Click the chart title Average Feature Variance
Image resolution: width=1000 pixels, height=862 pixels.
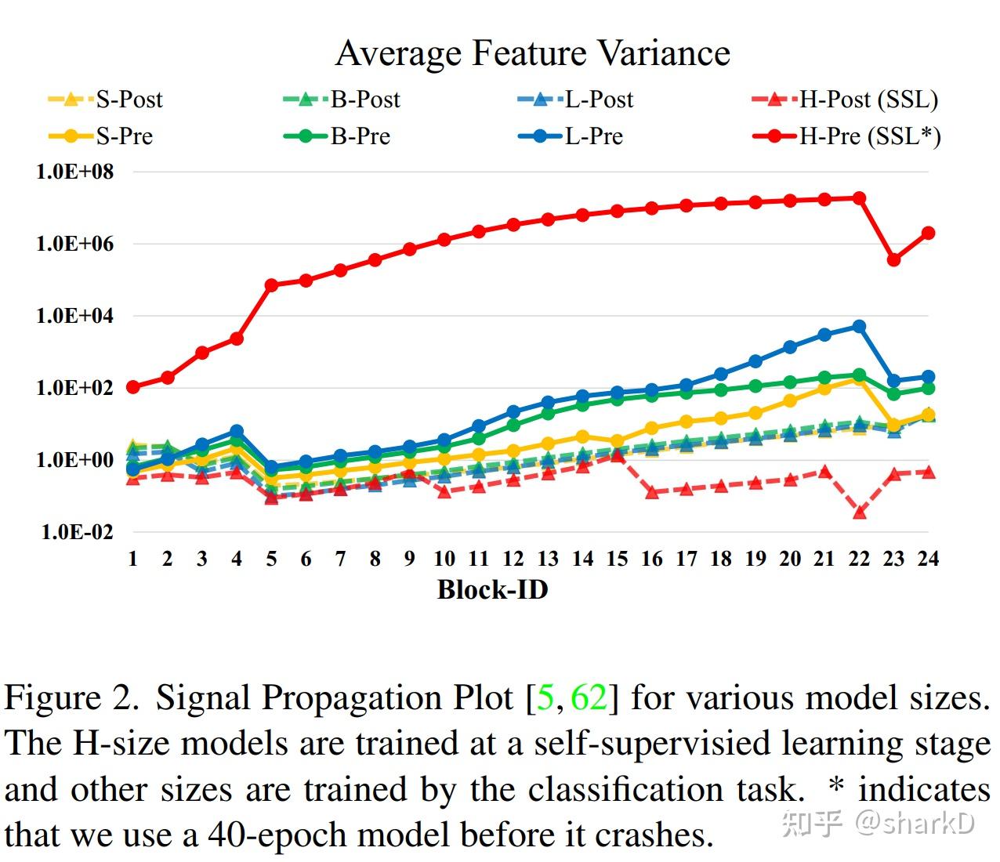click(533, 53)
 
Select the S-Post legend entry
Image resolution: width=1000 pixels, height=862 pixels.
click(106, 100)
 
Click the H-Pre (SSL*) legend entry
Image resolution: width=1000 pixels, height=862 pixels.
click(846, 136)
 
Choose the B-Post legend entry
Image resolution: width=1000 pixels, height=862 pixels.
click(342, 100)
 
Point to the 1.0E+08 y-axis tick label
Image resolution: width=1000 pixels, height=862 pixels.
click(74, 171)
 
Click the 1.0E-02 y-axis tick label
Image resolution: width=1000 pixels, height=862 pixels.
click(77, 532)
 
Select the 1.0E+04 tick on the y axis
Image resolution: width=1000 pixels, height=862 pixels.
click(74, 316)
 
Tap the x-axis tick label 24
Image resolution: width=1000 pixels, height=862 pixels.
click(928, 559)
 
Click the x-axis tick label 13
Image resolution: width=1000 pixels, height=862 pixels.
click(548, 559)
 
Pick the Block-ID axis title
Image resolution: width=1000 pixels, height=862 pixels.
click(492, 590)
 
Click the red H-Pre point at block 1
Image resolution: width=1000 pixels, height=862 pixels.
click(133, 387)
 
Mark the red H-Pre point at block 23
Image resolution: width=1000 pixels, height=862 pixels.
click(893, 259)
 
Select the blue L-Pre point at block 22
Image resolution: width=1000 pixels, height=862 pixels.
click(859, 326)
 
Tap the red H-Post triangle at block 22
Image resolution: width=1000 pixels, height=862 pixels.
click(859, 512)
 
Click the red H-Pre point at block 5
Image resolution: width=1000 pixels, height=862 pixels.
click(271, 285)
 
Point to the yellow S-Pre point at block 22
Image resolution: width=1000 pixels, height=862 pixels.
click(859, 379)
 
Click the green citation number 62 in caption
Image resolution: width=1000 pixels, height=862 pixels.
click(589, 697)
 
